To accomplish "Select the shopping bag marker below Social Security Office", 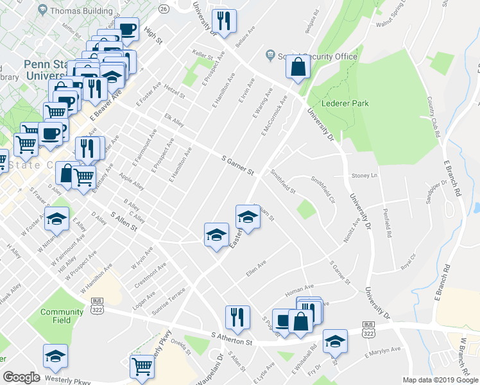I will point(298,67).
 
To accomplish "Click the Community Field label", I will point(62,316).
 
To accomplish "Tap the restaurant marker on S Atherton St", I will point(237,318).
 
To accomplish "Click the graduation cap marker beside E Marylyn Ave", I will point(334,341).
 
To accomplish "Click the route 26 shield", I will point(164,8).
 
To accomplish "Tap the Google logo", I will point(21,377).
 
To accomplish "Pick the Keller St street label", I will point(202,56).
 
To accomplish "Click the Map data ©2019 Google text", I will point(440,380).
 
